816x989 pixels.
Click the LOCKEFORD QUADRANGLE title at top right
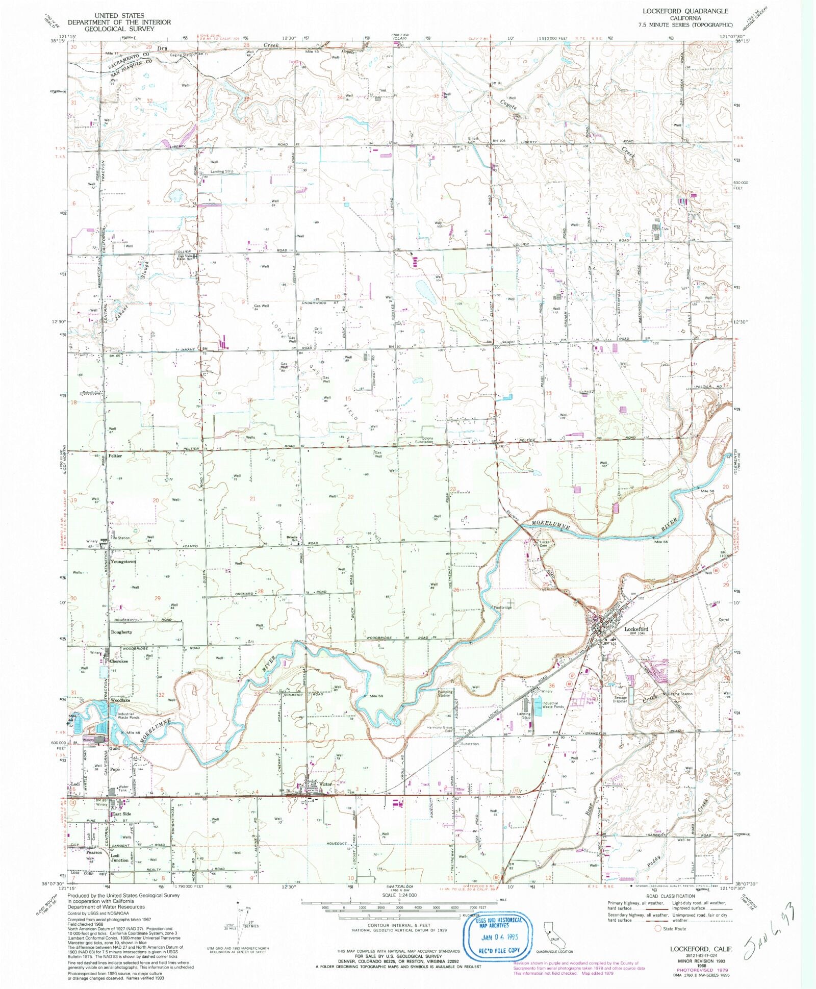coord(685,11)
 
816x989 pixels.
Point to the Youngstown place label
coord(123,562)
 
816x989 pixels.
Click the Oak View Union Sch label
coord(184,258)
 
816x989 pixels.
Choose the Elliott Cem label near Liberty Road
coord(473,140)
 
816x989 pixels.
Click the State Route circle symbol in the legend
coord(658,928)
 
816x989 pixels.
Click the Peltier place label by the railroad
coord(115,455)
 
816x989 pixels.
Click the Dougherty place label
coord(121,631)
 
